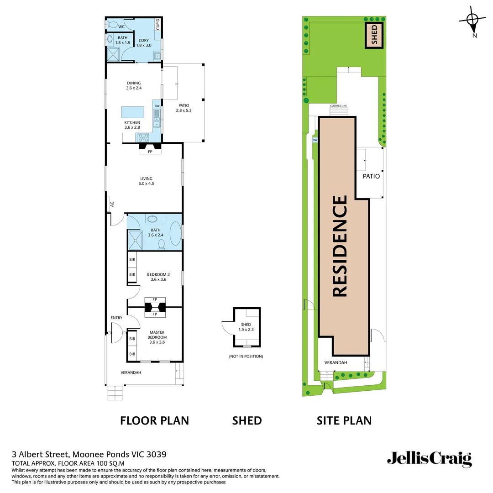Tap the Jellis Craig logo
(x=429, y=458)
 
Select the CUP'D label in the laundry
(x=157, y=24)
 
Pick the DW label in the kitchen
(x=157, y=106)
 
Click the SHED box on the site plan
(x=374, y=35)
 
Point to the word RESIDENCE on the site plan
(x=341, y=246)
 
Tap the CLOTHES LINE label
(x=338, y=106)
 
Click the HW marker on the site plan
(x=315, y=141)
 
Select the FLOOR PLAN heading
(x=154, y=420)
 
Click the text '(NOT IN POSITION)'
(x=246, y=356)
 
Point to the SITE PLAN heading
(x=344, y=420)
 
